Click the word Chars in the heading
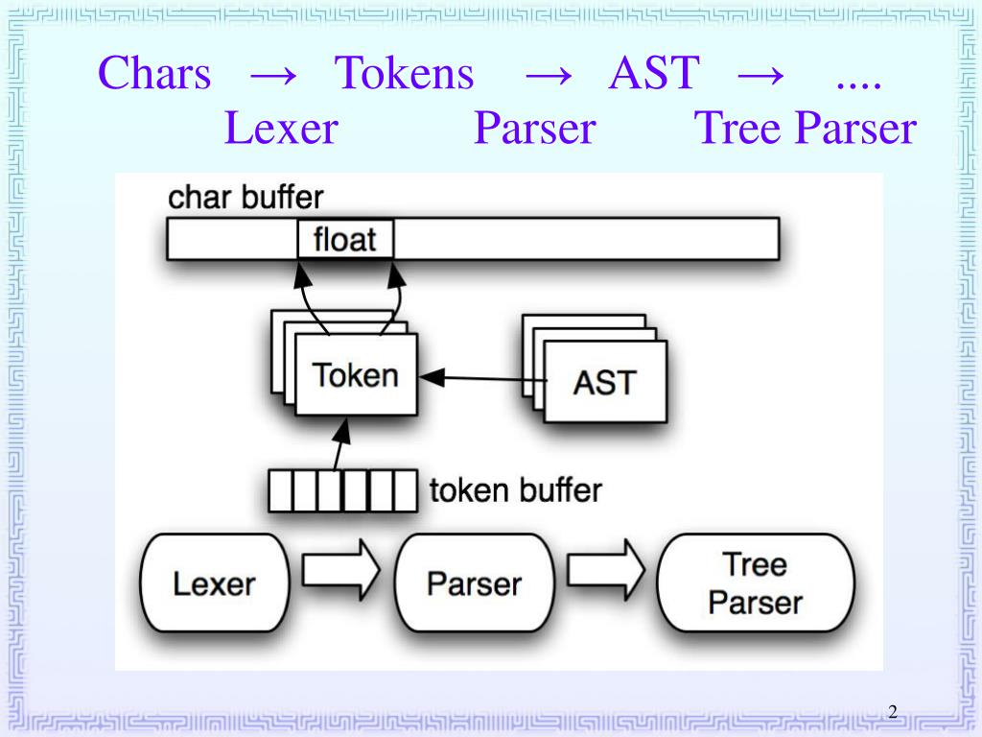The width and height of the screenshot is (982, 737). coord(154,74)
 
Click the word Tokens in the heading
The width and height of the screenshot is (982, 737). coord(404,74)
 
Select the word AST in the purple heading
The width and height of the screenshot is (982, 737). coord(654,74)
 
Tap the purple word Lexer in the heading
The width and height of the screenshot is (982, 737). coord(281,129)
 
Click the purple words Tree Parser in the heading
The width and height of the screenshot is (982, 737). coord(806,129)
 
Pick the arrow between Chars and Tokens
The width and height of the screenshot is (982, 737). coord(272,75)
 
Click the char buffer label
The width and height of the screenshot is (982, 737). coord(245,198)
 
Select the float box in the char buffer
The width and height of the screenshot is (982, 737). coord(345,238)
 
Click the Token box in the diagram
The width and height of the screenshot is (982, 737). coord(356,374)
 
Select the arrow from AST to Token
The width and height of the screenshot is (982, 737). coord(484,378)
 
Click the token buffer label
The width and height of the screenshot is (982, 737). coord(515,490)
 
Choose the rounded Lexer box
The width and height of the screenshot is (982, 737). coord(214,582)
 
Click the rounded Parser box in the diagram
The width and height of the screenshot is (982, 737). coord(474,582)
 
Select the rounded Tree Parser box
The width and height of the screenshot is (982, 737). coord(755,582)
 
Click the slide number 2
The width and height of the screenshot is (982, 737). coord(892,711)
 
